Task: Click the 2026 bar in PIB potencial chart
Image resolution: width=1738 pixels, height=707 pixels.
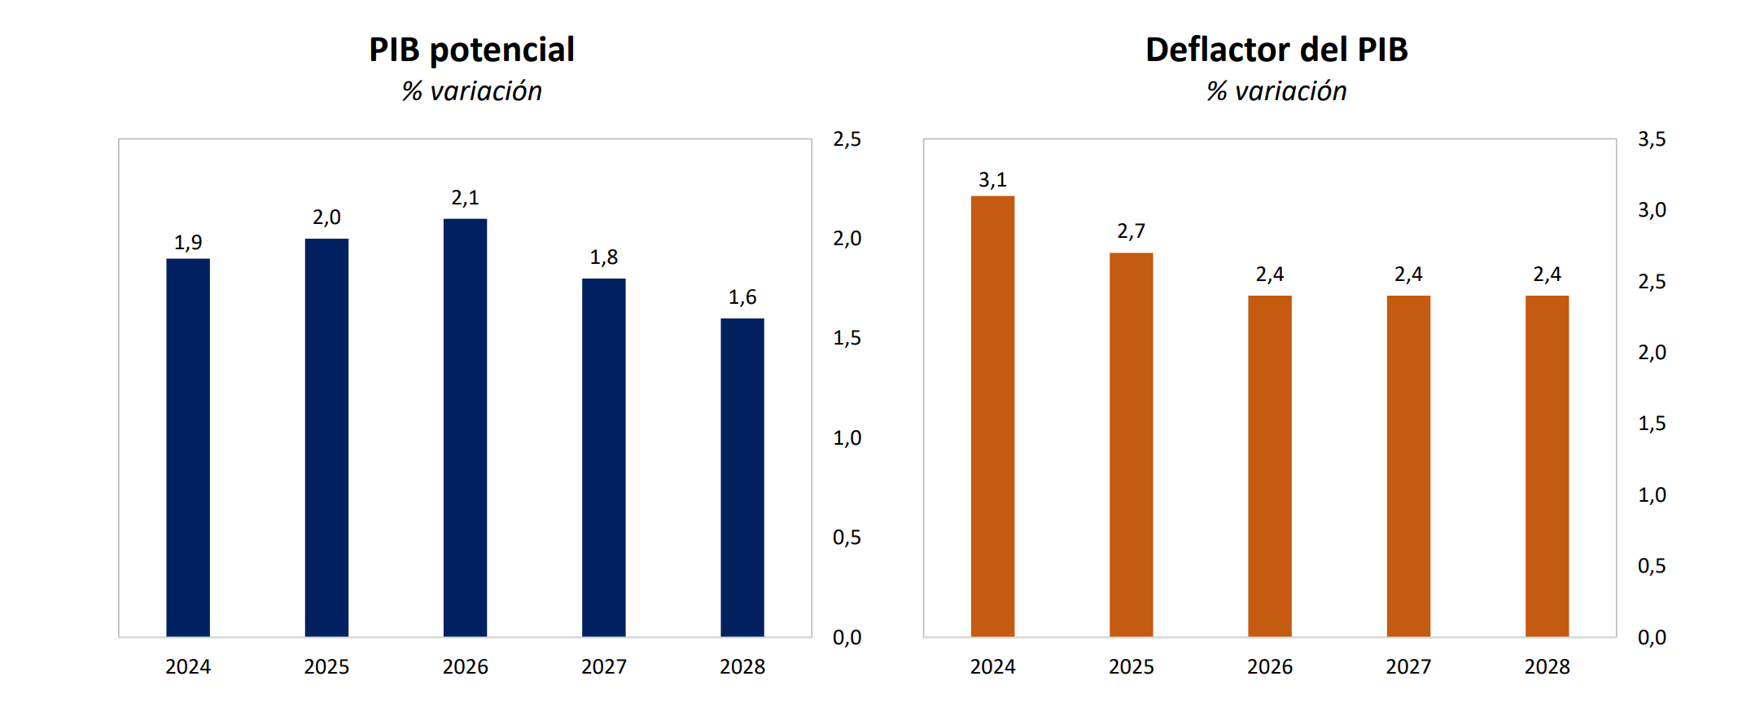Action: tap(465, 428)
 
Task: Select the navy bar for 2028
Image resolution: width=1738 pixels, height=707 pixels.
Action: tap(742, 477)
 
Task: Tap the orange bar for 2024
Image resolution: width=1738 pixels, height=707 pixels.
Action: tap(992, 416)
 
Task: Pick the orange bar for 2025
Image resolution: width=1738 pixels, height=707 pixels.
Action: tap(1131, 445)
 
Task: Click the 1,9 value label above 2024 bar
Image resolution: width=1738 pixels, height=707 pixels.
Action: tap(188, 243)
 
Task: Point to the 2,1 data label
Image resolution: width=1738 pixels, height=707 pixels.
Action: tap(465, 198)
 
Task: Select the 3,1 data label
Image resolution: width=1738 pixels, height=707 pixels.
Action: tap(992, 180)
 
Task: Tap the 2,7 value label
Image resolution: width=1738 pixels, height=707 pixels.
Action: tap(1131, 231)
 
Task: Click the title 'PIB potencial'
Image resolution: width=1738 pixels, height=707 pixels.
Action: tap(471, 50)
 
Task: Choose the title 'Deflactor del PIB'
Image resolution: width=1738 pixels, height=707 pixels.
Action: tap(1276, 50)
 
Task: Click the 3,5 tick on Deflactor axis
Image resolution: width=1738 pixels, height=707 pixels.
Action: tap(1652, 139)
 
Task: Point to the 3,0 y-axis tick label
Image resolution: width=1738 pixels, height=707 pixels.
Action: tap(1652, 210)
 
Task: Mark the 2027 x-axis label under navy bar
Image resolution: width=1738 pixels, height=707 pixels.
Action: tap(603, 667)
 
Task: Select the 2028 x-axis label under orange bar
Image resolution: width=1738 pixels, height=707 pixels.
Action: tap(1547, 667)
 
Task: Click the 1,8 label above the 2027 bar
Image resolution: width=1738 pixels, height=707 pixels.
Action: tap(603, 257)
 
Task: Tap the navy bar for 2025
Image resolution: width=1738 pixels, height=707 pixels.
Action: tap(326, 437)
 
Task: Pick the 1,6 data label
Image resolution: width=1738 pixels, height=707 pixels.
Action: tap(742, 297)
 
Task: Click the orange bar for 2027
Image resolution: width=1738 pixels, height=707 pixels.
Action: tap(1408, 466)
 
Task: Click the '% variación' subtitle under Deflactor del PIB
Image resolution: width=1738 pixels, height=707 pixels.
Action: tap(1276, 91)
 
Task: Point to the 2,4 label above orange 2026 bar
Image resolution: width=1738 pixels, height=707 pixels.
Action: tap(1269, 274)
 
